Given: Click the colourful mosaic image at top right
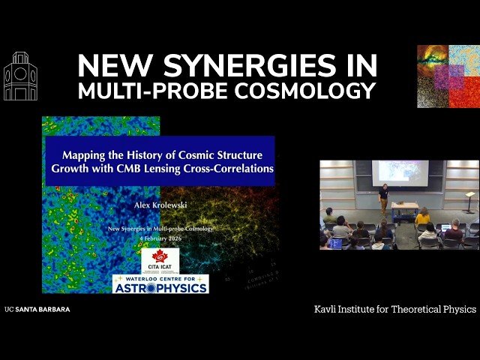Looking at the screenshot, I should (448, 76).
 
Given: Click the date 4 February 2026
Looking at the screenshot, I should (160, 236).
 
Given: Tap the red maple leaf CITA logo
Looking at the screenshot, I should (160, 259).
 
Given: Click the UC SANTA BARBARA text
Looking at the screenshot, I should (37, 309).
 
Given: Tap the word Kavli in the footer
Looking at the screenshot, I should (328, 309).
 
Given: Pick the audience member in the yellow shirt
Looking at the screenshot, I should (423, 217).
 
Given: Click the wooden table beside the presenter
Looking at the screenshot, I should (405, 208).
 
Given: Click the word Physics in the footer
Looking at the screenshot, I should (456, 309).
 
